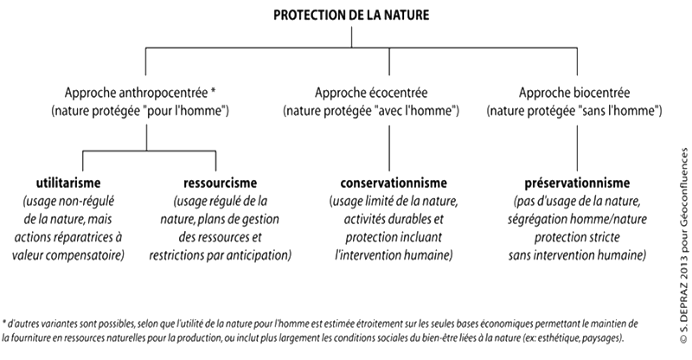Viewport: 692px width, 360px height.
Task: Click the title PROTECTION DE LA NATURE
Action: pos(351,15)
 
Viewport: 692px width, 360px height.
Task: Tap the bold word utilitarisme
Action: pos(68,183)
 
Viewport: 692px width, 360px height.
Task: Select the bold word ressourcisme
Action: pos(221,183)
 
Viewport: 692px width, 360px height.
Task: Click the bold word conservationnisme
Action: pos(394,183)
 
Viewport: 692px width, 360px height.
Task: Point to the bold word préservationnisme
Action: pos(577,183)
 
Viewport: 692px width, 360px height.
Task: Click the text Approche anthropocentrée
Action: pos(137,93)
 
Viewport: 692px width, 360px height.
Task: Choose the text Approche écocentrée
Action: pos(371,93)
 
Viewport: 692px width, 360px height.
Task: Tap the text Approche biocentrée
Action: pos(574,93)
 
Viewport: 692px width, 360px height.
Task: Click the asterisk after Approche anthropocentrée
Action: pos(213,91)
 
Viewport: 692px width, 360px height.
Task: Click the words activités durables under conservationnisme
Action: pos(394,219)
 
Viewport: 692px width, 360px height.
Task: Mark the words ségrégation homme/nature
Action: pos(577,219)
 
